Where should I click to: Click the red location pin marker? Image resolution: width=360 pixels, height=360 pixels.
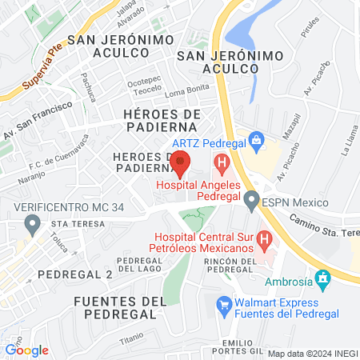click(182, 162)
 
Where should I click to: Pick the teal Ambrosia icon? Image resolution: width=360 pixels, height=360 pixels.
click(323, 280)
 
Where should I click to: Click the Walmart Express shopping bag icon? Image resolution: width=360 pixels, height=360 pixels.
click(225, 304)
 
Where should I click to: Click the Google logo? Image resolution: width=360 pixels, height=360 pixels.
click(26, 350)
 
